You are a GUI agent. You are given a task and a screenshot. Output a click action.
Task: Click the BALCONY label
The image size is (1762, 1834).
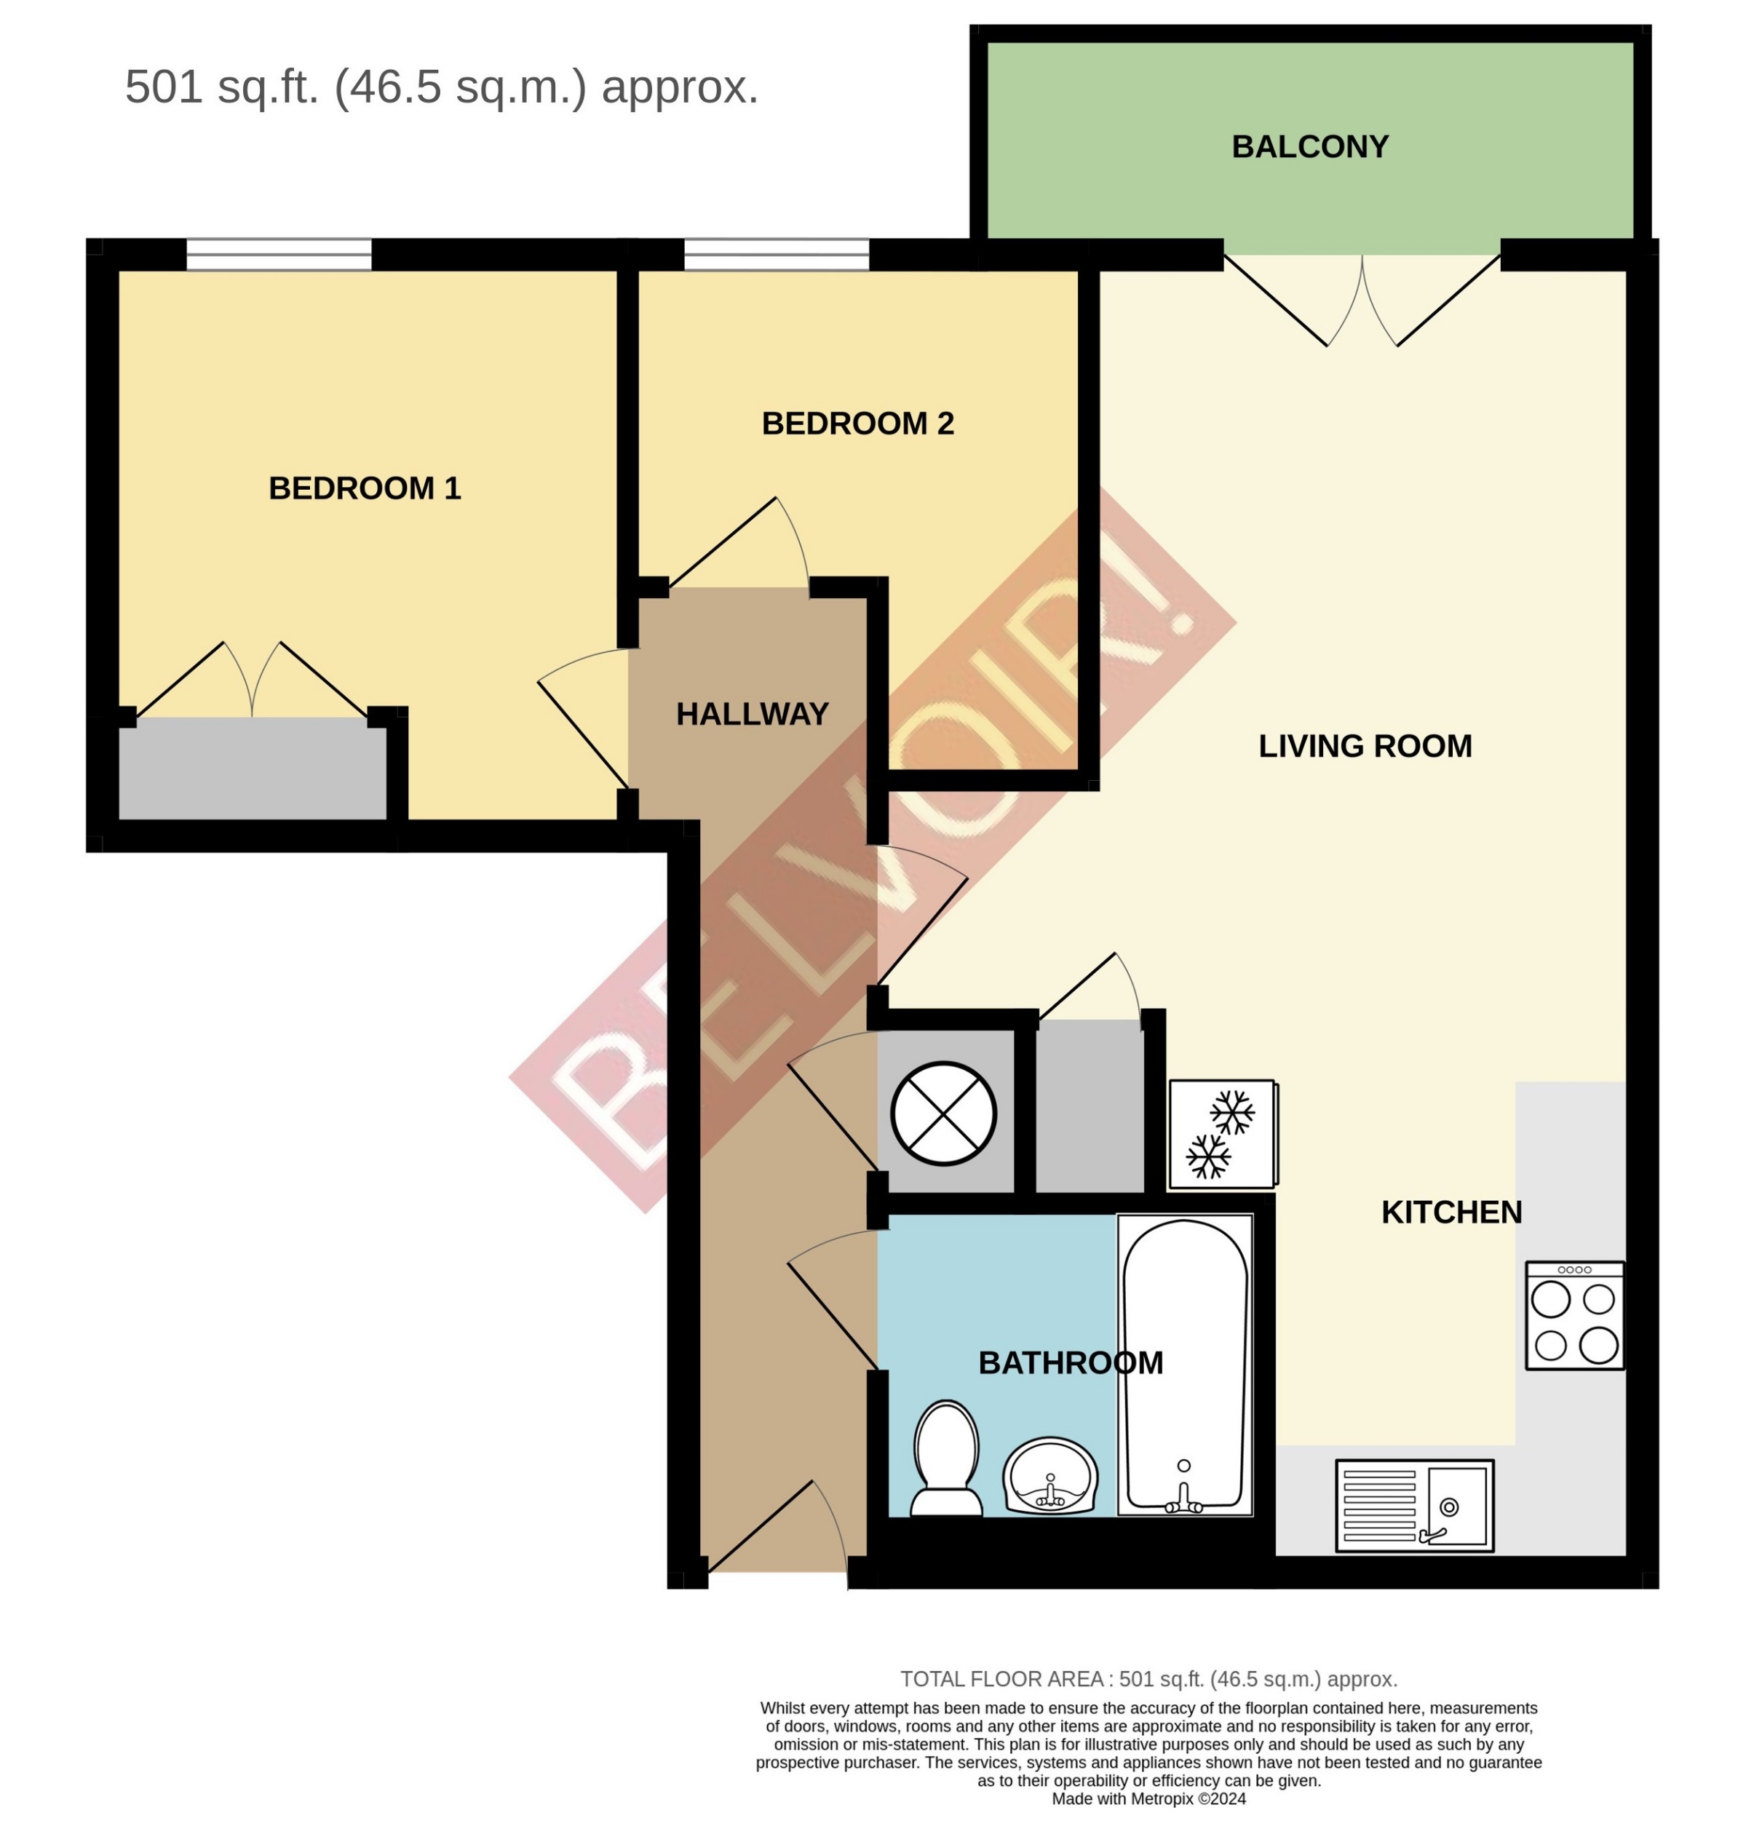click(x=1309, y=147)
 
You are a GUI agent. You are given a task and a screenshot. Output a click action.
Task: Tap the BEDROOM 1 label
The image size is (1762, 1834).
click(x=364, y=488)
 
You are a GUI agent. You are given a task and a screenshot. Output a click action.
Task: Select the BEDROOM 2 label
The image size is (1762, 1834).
click(x=857, y=424)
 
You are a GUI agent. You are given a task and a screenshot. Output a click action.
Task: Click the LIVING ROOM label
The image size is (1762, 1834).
click(x=1365, y=747)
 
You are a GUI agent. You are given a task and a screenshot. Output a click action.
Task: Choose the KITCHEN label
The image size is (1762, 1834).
click(x=1451, y=1212)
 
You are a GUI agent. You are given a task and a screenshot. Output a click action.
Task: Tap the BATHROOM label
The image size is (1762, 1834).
click(x=1070, y=1363)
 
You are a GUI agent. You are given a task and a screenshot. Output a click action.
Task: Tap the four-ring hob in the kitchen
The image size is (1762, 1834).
click(x=1574, y=1316)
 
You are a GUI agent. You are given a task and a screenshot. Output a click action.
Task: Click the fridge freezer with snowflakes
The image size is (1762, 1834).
click(x=1221, y=1134)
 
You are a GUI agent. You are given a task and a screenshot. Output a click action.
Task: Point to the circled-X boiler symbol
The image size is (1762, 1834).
click(x=943, y=1113)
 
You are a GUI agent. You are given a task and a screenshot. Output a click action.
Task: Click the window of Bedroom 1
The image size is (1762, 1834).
click(x=279, y=255)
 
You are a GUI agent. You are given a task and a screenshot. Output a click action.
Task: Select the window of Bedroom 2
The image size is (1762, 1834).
click(x=776, y=255)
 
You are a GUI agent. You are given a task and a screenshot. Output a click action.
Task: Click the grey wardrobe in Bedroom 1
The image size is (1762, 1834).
click(x=252, y=769)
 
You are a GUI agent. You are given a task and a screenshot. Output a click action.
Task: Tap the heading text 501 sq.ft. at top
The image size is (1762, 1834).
click(x=441, y=87)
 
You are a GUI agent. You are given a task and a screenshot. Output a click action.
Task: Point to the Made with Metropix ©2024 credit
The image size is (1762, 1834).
click(x=1148, y=1799)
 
